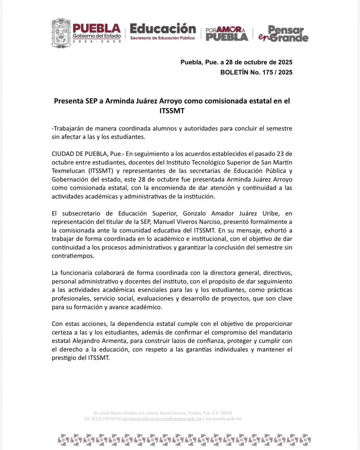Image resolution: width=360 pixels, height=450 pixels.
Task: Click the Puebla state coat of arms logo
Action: pyautogui.click(x=61, y=33)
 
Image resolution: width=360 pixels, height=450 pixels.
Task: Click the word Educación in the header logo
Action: pyautogui.click(x=163, y=28)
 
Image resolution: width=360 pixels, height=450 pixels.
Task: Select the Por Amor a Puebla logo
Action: pyautogui.click(x=227, y=34)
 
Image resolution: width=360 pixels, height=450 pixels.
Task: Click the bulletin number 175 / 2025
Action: pyautogui.click(x=274, y=72)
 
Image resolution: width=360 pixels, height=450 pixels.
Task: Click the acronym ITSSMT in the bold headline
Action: pyautogui.click(x=172, y=111)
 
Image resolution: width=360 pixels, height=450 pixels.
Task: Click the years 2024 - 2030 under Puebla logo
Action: pyautogui.click(x=97, y=41)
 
